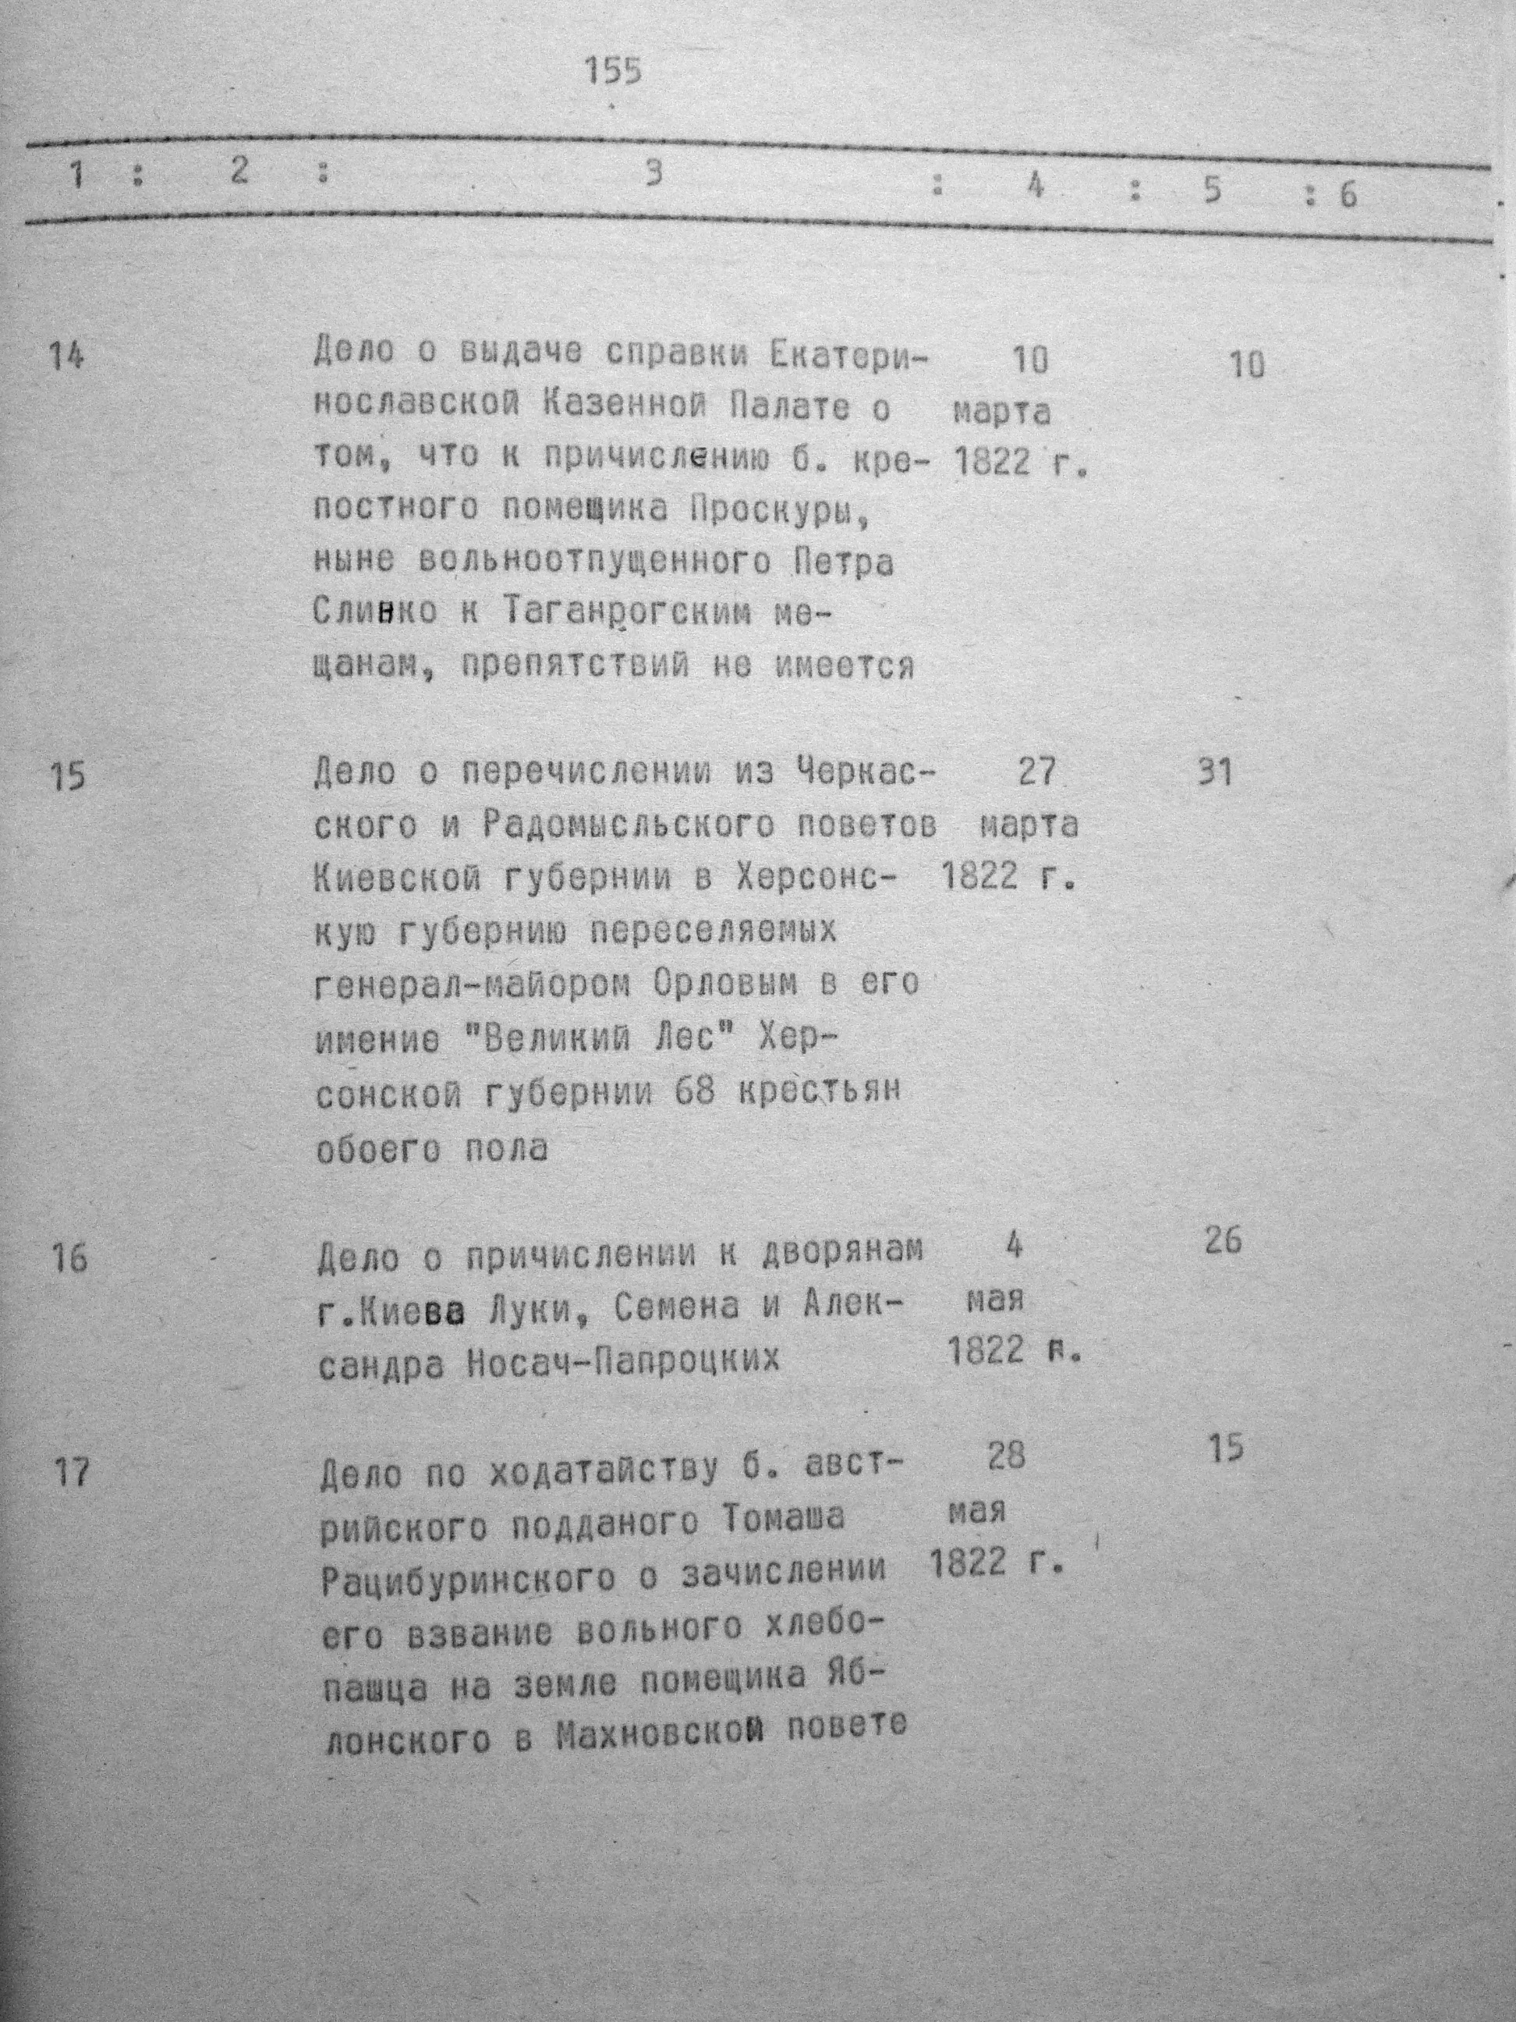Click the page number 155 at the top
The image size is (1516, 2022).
tap(613, 71)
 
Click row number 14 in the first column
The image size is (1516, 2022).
tap(66, 355)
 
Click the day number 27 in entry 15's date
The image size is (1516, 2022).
tap(1036, 772)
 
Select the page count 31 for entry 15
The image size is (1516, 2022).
tap(1214, 775)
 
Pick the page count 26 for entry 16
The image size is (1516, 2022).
tap(1224, 1241)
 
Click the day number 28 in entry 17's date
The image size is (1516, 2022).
tap(1005, 1455)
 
